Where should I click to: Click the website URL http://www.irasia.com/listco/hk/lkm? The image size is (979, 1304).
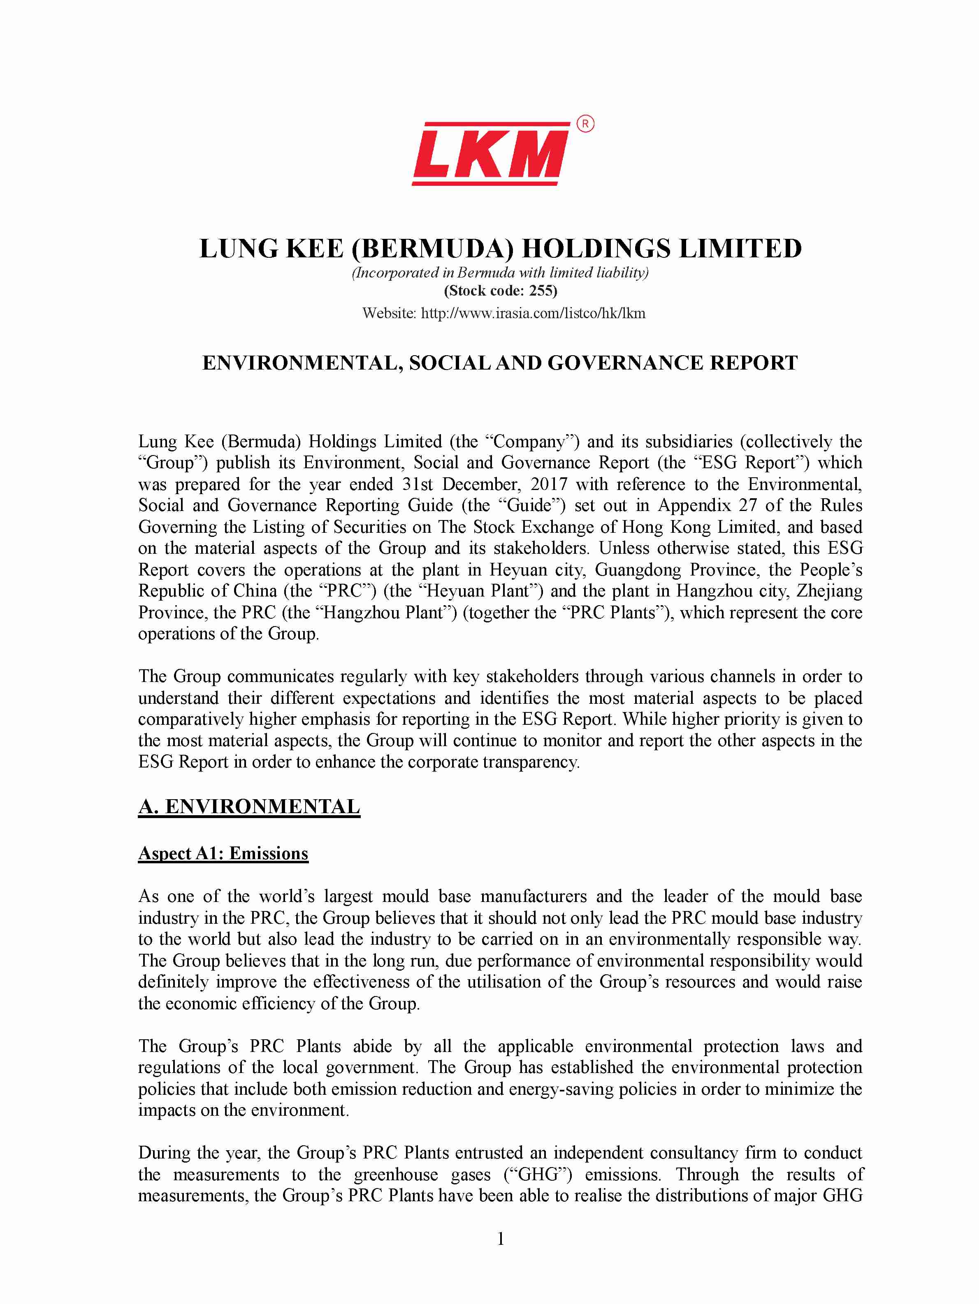(x=533, y=313)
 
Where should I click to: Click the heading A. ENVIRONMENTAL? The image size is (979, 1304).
(x=249, y=807)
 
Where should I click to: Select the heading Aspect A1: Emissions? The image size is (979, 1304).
(x=223, y=853)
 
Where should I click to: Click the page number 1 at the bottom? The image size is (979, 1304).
(x=501, y=1239)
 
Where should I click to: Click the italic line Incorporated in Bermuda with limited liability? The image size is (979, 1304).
(x=500, y=273)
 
